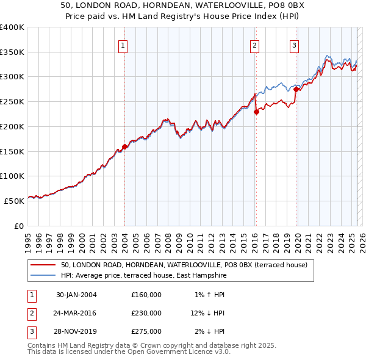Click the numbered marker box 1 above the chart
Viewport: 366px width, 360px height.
pyautogui.click(x=123, y=45)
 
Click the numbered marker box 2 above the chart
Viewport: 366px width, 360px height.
pyautogui.click(x=254, y=45)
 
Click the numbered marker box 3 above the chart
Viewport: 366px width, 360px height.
pyautogui.click(x=294, y=45)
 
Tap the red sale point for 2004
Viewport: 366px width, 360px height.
pyautogui.click(x=124, y=146)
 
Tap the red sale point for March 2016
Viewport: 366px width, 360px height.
pyautogui.click(x=256, y=112)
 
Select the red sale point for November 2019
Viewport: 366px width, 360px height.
pyautogui.click(x=296, y=90)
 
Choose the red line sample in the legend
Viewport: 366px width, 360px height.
pyautogui.click(x=44, y=265)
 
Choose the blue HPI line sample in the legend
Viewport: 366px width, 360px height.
pyautogui.click(x=44, y=275)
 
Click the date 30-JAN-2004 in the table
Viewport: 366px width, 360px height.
pyautogui.click(x=76, y=295)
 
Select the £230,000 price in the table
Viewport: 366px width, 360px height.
pyautogui.click(x=146, y=313)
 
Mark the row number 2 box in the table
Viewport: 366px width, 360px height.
pyautogui.click(x=30, y=313)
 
